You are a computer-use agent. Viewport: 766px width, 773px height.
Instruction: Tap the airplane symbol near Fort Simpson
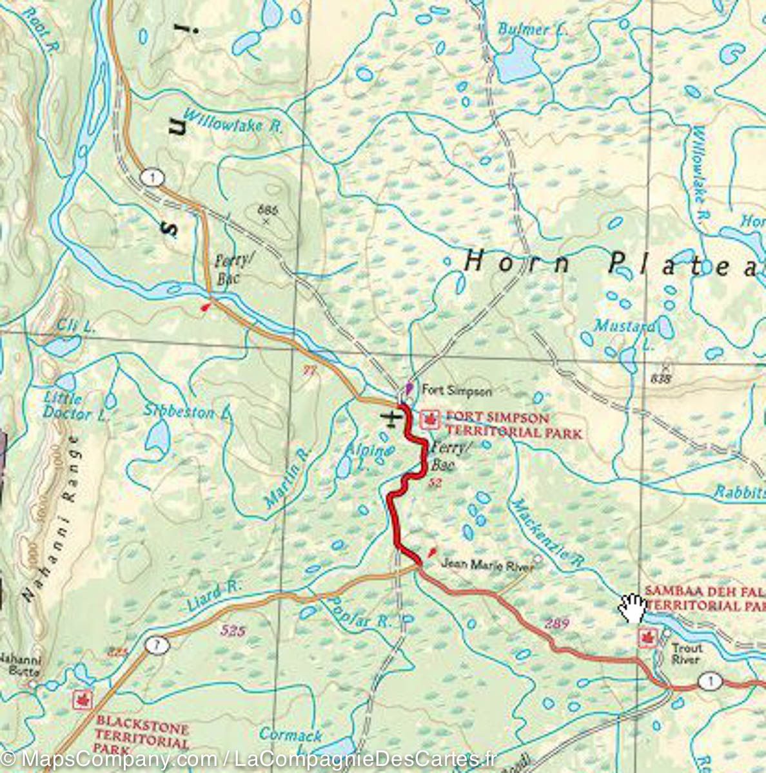tap(391, 419)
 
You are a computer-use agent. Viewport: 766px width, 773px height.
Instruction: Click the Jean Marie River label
tap(487, 566)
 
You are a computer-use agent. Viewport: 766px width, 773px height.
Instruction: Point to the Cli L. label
tap(76, 327)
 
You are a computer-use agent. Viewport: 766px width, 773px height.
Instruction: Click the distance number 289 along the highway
tap(556, 623)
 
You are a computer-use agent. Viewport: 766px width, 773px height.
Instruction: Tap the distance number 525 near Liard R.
tap(232, 631)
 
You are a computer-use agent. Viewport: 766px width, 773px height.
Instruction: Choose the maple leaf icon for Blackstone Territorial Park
tap(81, 699)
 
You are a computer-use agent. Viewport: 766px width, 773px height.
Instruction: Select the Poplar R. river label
tap(358, 611)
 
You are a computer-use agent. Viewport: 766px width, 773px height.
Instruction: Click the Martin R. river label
tap(288, 477)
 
